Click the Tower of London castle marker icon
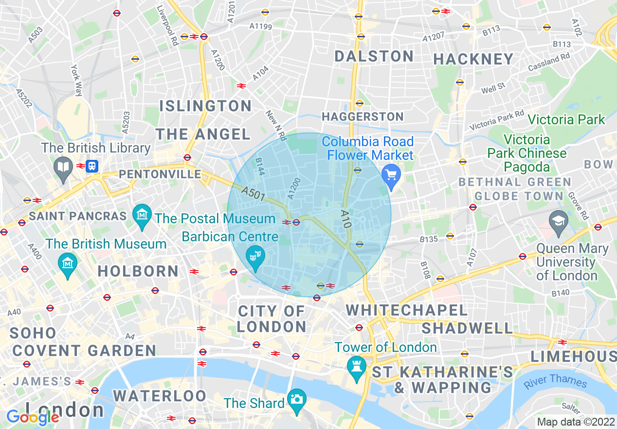pyautogui.click(x=357, y=365)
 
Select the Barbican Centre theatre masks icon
pyautogui.click(x=254, y=255)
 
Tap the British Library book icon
pyautogui.click(x=63, y=167)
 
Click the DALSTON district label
pyautogui.click(x=374, y=56)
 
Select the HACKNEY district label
pyautogui.click(x=473, y=59)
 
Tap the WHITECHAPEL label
pyautogui.click(x=406, y=310)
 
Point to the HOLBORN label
pyautogui.click(x=138, y=271)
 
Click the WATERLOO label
pyautogui.click(x=160, y=395)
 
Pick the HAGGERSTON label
pyautogui.click(x=363, y=117)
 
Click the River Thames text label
pyautogui.click(x=555, y=381)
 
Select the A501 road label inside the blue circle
pyautogui.click(x=253, y=194)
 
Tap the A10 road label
pyautogui.click(x=345, y=219)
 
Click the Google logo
pyautogui.click(x=32, y=417)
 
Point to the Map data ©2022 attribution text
pyautogui.click(x=576, y=422)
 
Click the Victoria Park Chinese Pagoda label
pyautogui.click(x=527, y=154)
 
